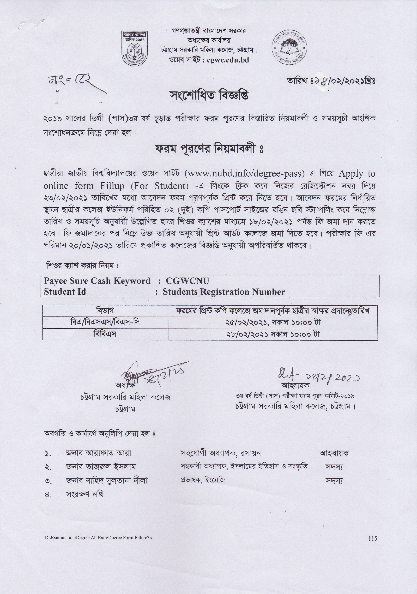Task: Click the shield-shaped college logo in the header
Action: pos(134,48)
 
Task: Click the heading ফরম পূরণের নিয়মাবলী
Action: pos(209,149)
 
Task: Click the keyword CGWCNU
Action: pos(187,281)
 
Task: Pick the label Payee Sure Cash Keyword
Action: pos(97,281)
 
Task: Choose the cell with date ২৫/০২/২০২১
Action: pos(273,323)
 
